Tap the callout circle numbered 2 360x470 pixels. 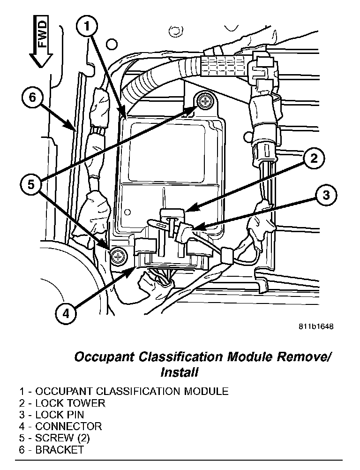pos(314,159)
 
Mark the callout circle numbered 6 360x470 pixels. pos(32,98)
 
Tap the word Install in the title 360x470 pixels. pos(180,373)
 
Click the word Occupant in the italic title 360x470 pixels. pos(103,357)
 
